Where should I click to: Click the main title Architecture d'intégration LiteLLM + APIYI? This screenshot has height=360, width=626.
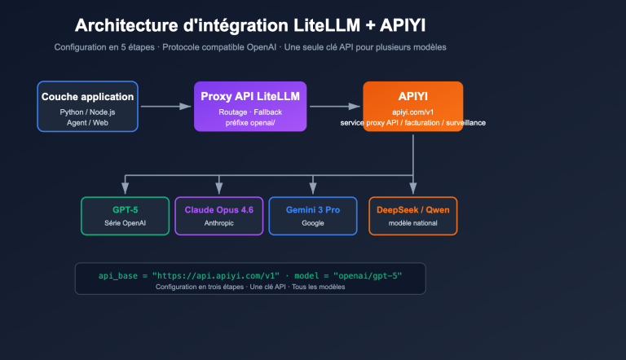tap(249, 25)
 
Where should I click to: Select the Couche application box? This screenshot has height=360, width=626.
tap(88, 106)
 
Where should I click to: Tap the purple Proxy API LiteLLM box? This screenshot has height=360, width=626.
tap(250, 106)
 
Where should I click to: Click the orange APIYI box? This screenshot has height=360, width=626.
tap(412, 106)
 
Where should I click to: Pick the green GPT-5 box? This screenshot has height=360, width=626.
tap(125, 216)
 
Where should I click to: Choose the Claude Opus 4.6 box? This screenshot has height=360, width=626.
tap(218, 216)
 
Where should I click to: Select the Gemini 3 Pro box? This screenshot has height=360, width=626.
tap(312, 216)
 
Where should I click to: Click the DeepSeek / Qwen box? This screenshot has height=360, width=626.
tap(412, 216)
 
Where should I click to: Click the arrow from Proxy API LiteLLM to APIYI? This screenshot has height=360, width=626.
tap(334, 106)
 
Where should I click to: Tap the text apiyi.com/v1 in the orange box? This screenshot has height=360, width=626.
tap(412, 111)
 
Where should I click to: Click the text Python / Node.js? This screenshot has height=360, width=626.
tap(88, 112)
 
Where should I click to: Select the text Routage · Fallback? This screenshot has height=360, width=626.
tap(250, 111)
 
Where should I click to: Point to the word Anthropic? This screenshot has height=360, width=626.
tap(218, 222)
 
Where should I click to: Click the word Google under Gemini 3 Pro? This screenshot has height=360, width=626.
tap(312, 222)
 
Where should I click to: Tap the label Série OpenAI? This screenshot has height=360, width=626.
tap(125, 222)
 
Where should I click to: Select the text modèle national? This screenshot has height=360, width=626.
tap(412, 222)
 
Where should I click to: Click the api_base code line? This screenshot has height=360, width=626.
tap(249, 275)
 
